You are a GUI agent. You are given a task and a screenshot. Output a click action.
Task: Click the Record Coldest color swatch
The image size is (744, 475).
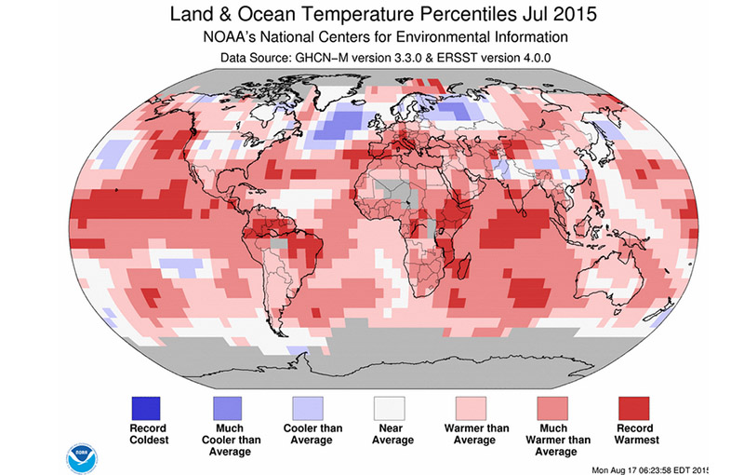tap(146, 409)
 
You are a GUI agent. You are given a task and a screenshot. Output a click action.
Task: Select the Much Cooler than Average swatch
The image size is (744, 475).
tap(227, 409)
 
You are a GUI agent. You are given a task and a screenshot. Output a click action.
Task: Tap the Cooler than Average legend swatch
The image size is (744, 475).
tap(308, 409)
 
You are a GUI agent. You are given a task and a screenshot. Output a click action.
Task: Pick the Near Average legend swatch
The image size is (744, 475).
tap(390, 409)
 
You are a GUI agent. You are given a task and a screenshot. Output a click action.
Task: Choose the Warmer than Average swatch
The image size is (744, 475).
tap(472, 409)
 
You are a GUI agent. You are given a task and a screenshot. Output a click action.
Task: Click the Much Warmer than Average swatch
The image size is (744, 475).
tap(552, 409)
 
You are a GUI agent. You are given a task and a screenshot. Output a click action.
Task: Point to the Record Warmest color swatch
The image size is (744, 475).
tap(634, 409)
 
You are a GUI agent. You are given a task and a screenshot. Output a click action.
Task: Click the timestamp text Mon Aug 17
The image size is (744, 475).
tap(618, 470)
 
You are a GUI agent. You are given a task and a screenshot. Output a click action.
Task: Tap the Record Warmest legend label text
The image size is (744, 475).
tap(636, 434)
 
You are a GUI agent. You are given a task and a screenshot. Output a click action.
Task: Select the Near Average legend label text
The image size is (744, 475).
tap(392, 434)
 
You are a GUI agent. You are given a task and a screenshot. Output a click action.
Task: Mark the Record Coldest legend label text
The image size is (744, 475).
tap(149, 434)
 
